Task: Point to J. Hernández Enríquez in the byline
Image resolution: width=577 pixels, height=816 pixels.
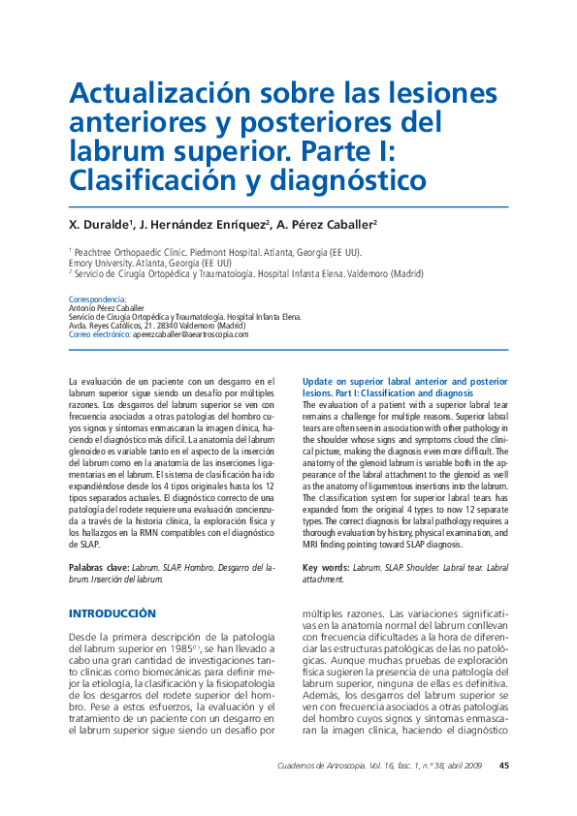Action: (x=201, y=225)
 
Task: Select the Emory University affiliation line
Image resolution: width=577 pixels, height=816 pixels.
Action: (x=149, y=263)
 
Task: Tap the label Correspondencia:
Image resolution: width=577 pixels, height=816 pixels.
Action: (x=97, y=299)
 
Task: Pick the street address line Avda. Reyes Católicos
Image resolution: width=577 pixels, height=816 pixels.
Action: (x=155, y=326)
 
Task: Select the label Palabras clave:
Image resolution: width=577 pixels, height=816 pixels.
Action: (x=101, y=567)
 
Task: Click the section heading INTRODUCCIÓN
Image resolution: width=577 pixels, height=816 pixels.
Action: (x=112, y=614)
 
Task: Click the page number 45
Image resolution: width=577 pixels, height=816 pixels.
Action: (x=503, y=766)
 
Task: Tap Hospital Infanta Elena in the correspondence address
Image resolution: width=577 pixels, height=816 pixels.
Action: (x=264, y=317)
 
